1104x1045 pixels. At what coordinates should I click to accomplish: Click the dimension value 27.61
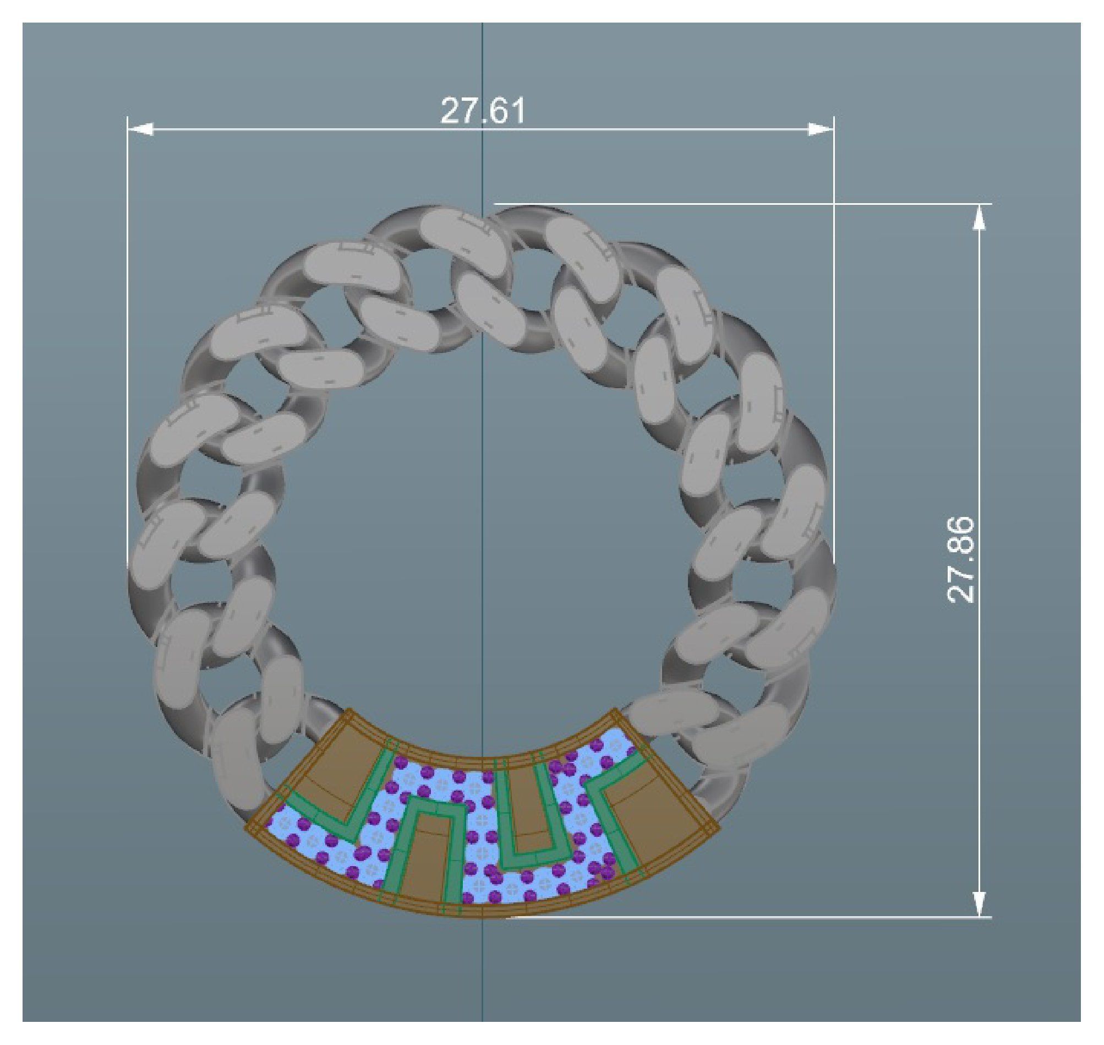pyautogui.click(x=482, y=111)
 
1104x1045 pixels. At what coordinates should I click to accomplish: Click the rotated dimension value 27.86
pyautogui.click(x=960, y=560)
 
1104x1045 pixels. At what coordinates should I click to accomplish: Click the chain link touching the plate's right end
pyautogui.click(x=668, y=719)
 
